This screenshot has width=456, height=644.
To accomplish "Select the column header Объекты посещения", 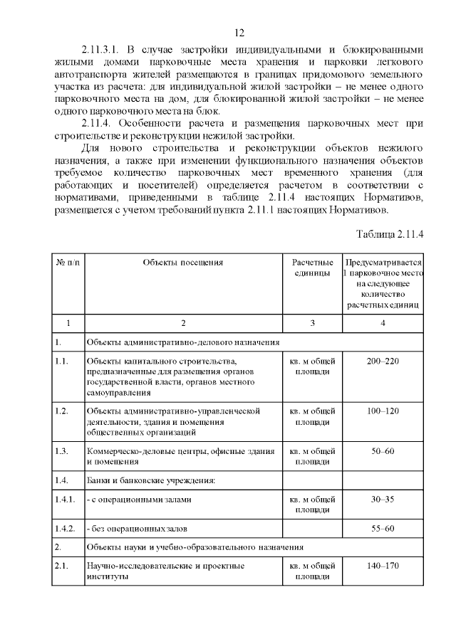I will click(183, 263).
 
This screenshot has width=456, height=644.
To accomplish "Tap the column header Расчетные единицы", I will click(312, 268).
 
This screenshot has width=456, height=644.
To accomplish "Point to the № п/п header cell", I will click(68, 263).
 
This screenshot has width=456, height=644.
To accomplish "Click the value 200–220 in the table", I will click(383, 361).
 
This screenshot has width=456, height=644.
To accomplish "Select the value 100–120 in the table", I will click(383, 411).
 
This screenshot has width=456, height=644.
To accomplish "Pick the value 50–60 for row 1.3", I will click(383, 451).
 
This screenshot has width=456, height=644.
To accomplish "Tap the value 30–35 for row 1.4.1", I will click(383, 500).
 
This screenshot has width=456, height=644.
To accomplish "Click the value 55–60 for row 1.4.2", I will click(383, 529).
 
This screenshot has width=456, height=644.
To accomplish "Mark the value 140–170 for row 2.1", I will click(383, 566).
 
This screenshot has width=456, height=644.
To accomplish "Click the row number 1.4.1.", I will click(66, 500).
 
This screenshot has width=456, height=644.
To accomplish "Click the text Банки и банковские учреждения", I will click(150, 480).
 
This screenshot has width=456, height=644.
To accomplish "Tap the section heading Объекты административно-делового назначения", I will click(182, 342).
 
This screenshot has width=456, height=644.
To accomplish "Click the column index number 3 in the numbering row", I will click(312, 324).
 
